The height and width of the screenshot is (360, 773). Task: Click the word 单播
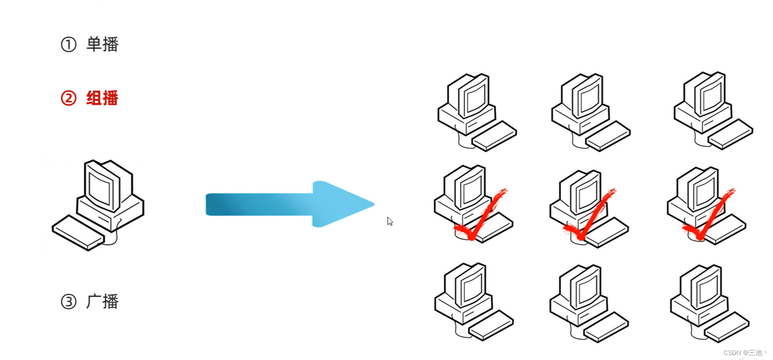[x=102, y=44]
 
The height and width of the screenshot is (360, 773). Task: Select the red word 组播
[x=102, y=98]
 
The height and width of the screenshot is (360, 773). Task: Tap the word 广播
[x=102, y=301]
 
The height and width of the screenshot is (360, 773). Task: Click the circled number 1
[x=69, y=44]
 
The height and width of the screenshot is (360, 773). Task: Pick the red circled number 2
[x=69, y=98]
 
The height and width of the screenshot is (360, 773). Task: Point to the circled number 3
[x=69, y=301]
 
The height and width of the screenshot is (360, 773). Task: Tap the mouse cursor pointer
[x=390, y=221]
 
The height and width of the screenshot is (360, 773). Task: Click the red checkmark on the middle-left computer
[x=481, y=217]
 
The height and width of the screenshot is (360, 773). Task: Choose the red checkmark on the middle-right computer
[x=709, y=217]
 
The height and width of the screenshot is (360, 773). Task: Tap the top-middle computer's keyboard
[x=608, y=136]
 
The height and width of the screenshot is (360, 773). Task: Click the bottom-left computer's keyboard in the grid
[x=491, y=325]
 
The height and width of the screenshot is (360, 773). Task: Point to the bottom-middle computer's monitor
[x=586, y=287]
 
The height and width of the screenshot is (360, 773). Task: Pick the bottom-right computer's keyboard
[x=727, y=327]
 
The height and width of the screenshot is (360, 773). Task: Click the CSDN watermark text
[x=745, y=353]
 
